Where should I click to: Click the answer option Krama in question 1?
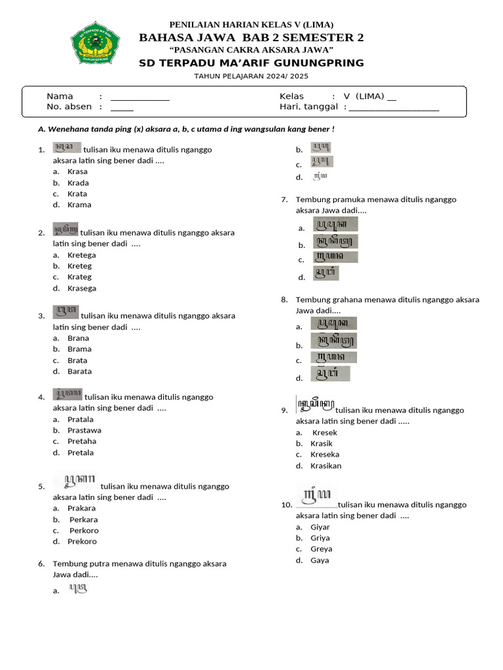click(x=79, y=205)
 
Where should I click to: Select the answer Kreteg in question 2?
click(x=79, y=266)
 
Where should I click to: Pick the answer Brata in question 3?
click(x=77, y=361)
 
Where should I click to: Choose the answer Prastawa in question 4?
click(x=84, y=431)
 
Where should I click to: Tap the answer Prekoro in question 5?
click(x=82, y=542)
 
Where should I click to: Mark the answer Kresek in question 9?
click(x=325, y=433)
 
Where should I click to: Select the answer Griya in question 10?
click(x=320, y=538)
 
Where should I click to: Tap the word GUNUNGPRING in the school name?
click(x=325, y=63)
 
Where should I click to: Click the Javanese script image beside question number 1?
click(x=67, y=148)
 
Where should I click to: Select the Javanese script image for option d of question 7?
click(x=326, y=275)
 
